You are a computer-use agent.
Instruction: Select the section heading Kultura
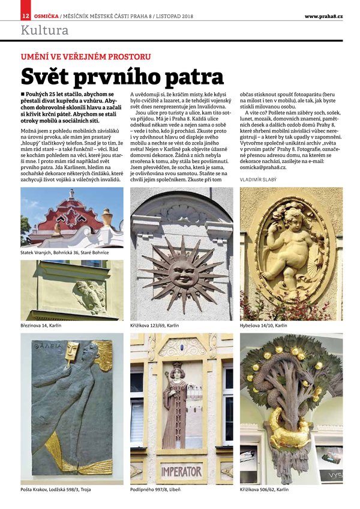coord(45,30)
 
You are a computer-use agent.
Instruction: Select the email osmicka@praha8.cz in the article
coord(267,168)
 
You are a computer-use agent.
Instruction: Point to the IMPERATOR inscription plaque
coord(181,471)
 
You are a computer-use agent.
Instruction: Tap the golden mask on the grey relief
coord(73,351)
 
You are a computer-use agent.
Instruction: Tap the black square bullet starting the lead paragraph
coord(23,95)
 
